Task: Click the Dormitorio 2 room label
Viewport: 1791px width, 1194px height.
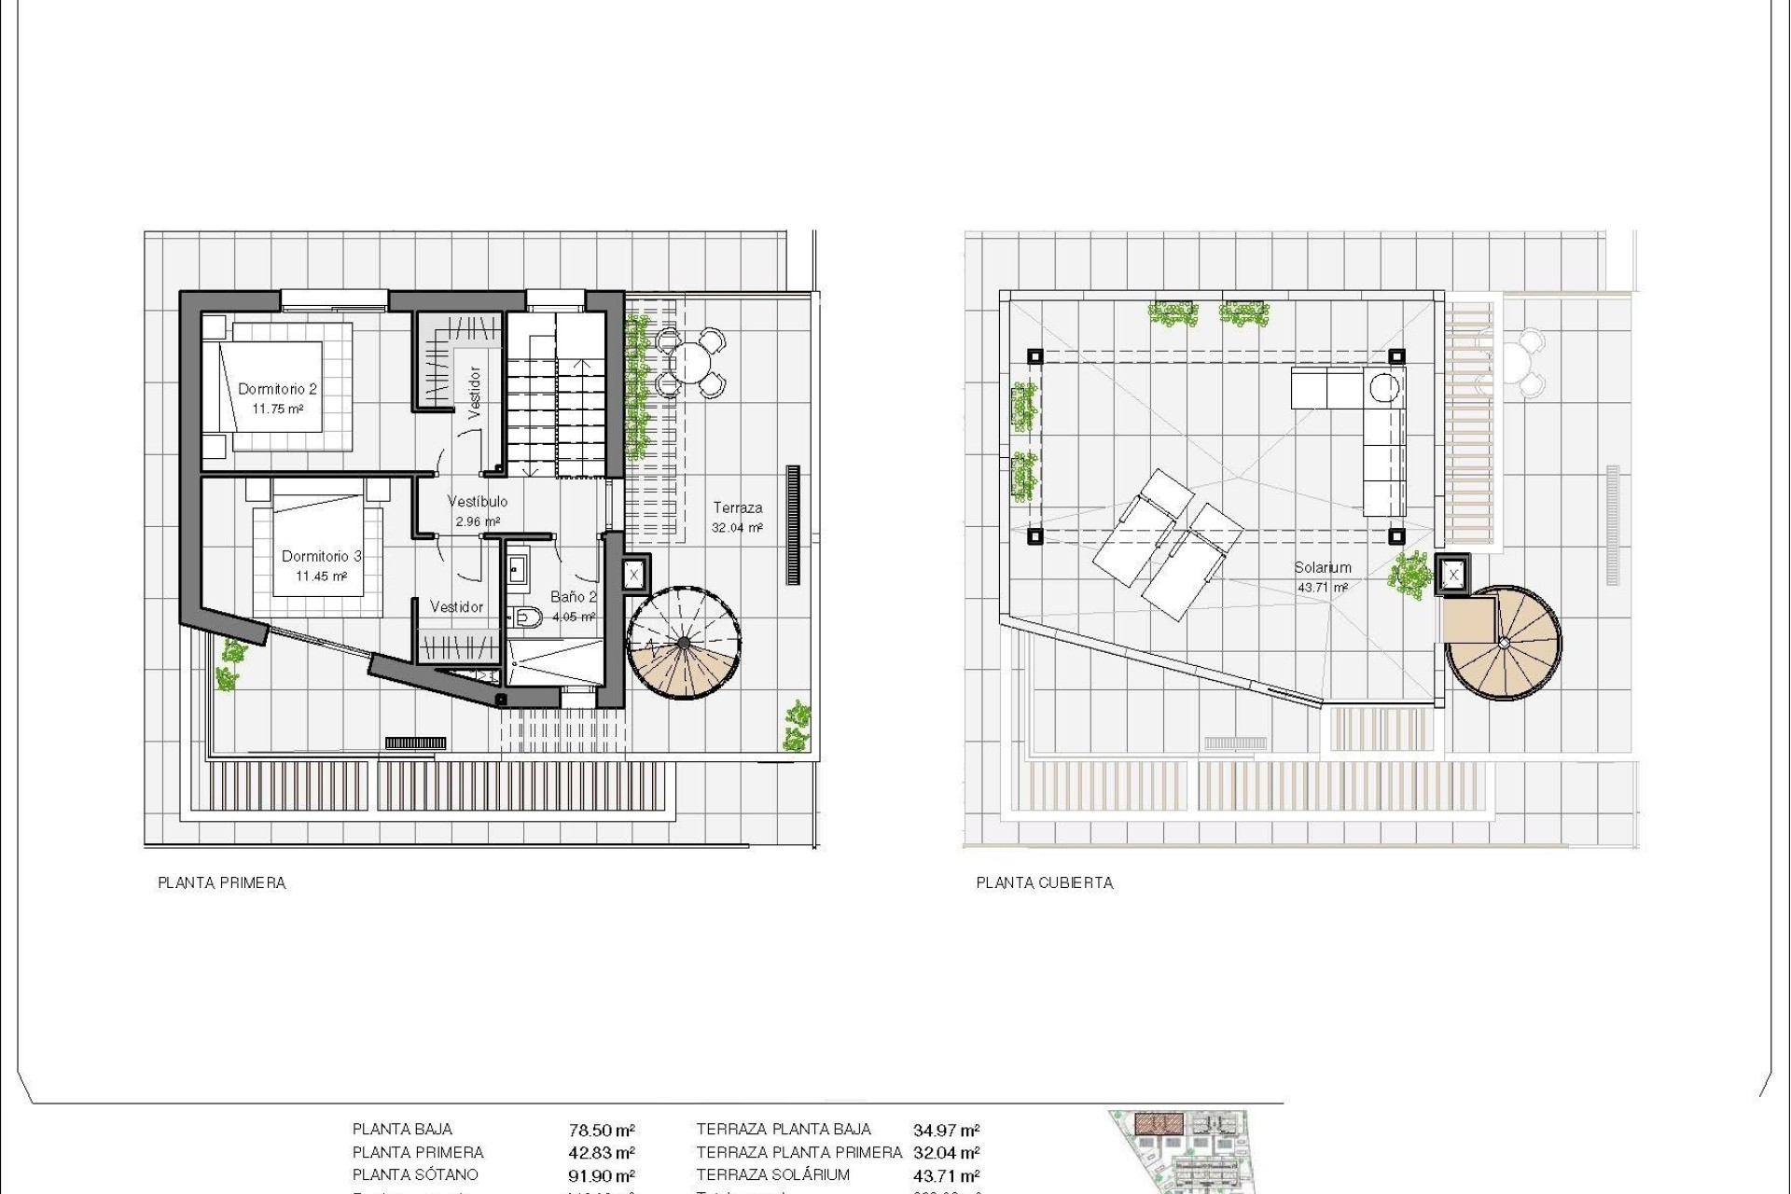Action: click(x=277, y=389)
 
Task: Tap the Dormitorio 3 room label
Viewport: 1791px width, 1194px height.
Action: click(x=321, y=556)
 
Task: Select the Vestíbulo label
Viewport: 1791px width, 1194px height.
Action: click(x=478, y=502)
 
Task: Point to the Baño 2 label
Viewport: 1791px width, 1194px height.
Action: click(x=573, y=597)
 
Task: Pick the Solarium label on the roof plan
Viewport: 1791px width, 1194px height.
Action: click(x=1322, y=567)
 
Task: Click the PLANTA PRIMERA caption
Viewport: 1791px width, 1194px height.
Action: click(x=222, y=882)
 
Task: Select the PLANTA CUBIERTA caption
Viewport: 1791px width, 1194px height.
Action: click(x=1045, y=882)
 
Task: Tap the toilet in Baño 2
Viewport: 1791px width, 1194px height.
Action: click(x=528, y=616)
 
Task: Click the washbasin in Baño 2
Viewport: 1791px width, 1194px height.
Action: click(x=518, y=568)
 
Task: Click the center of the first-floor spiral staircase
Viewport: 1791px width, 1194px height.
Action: click(x=684, y=643)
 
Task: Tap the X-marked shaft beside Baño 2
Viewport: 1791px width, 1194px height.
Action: click(x=633, y=575)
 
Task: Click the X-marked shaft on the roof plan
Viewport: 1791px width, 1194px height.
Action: click(x=1453, y=576)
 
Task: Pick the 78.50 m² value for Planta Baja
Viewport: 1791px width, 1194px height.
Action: click(x=602, y=1131)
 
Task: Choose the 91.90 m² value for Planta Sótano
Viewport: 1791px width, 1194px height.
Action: click(x=602, y=1176)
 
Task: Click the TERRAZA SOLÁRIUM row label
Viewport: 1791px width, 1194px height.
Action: click(x=773, y=1175)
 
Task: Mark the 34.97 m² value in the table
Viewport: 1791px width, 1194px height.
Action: click(x=946, y=1131)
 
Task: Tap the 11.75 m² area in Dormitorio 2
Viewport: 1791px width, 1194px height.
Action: click(x=277, y=409)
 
